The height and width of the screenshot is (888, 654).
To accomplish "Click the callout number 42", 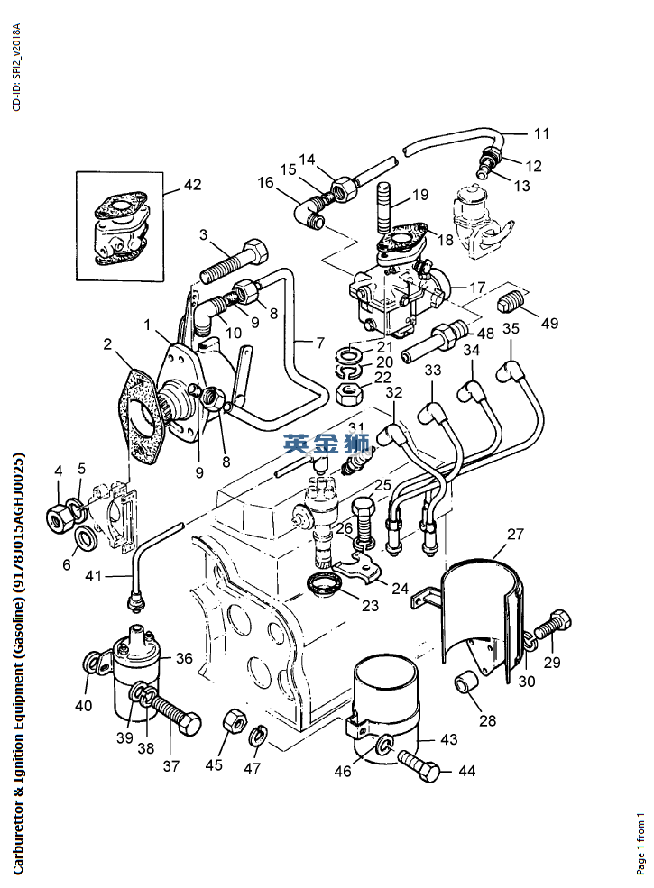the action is [x=193, y=185].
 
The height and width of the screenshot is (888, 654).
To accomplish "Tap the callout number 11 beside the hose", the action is [x=542, y=133].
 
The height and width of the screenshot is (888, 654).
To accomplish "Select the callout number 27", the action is [x=515, y=534].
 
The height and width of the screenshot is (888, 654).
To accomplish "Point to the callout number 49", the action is [x=549, y=323].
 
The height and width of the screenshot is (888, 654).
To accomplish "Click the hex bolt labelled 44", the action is [x=420, y=765].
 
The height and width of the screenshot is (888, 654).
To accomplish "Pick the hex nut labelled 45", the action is [x=234, y=721].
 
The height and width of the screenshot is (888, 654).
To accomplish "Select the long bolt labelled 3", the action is [x=233, y=262].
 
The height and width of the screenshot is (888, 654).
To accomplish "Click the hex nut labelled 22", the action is [x=349, y=394].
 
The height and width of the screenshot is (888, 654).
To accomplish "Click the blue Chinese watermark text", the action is [x=327, y=444].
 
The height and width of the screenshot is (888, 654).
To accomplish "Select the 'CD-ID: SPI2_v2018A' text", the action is [x=16, y=68].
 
